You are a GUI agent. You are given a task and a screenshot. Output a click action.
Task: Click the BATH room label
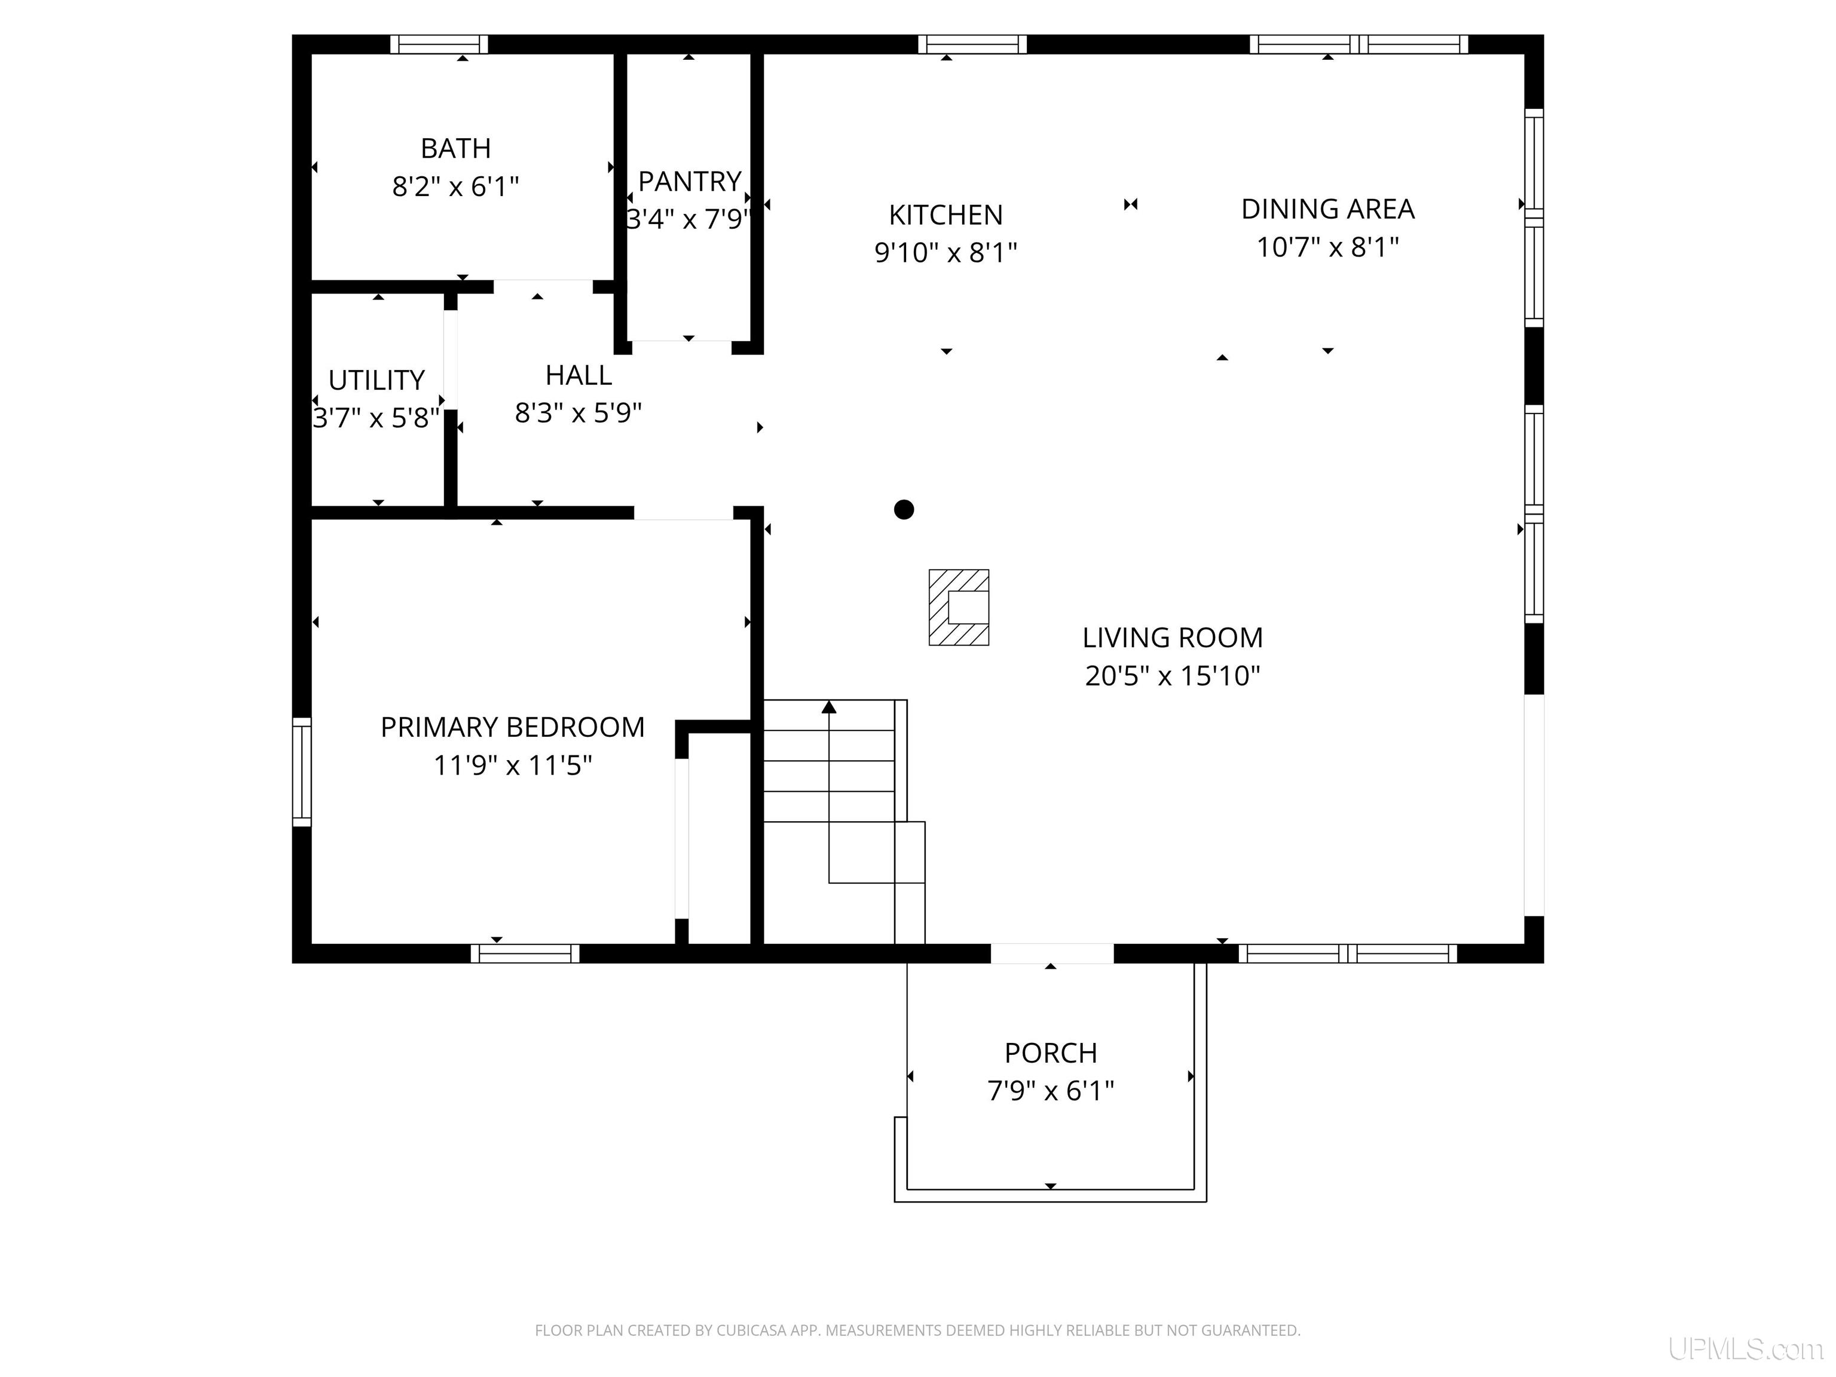click(455, 149)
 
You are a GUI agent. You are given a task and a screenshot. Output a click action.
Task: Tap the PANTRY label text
click(689, 181)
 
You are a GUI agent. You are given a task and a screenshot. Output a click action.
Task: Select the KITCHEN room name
click(945, 215)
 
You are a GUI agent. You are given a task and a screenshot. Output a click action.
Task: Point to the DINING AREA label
click(1327, 209)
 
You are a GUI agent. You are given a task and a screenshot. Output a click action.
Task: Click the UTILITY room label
click(377, 380)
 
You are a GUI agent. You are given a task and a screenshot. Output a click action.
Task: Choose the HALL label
click(579, 375)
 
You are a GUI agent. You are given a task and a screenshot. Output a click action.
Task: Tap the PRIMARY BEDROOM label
click(512, 727)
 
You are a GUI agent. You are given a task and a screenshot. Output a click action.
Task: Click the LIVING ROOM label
click(1172, 638)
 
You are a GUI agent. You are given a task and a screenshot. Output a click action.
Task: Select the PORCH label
click(1051, 1052)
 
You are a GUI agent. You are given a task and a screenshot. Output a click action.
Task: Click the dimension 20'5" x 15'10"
click(1172, 675)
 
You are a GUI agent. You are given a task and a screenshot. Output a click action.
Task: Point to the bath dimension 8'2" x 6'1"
click(455, 186)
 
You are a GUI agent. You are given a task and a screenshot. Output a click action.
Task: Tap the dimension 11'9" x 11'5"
click(512, 765)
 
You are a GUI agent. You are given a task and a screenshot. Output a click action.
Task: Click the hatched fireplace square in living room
click(959, 608)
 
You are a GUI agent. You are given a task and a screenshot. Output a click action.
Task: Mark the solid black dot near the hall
click(904, 510)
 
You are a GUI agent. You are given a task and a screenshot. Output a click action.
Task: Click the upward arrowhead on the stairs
click(829, 707)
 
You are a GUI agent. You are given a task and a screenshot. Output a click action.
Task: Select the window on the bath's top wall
click(439, 44)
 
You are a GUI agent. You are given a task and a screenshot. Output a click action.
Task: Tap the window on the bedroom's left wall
click(302, 772)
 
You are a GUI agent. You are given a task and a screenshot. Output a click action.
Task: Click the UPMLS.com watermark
click(1746, 1349)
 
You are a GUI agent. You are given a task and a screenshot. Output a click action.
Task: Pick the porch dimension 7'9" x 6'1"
click(1051, 1091)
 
